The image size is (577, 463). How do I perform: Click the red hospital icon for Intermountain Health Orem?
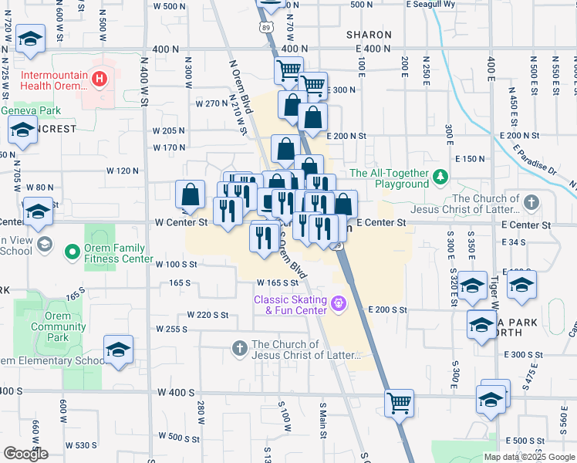tap(99, 78)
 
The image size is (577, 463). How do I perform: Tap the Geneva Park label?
tap(25, 110)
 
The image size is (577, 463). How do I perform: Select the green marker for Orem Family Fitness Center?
tap(72, 252)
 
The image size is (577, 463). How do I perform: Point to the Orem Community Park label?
tap(59, 326)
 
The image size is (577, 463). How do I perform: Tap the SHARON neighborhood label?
tap(369, 35)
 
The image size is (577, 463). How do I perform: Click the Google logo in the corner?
tap(26, 454)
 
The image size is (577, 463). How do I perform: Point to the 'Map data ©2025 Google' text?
tap(529, 457)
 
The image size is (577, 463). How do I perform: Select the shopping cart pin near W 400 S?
tap(399, 403)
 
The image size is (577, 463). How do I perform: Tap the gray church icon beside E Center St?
tap(530, 203)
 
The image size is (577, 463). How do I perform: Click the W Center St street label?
tap(182, 222)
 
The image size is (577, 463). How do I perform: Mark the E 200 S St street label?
tap(387, 309)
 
